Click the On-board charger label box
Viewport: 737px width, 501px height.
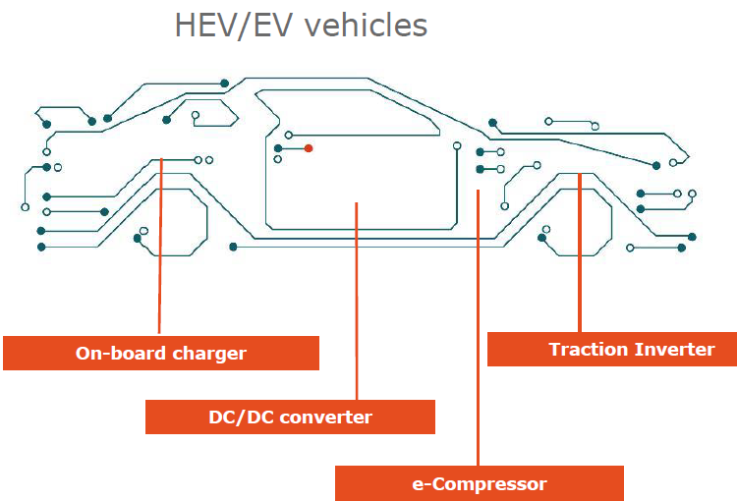pyautogui.click(x=161, y=353)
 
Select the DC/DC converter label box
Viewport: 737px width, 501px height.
pyautogui.click(x=290, y=417)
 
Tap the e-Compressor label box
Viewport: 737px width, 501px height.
pyautogui.click(x=480, y=483)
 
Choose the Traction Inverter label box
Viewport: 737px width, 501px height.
pyautogui.click(x=612, y=349)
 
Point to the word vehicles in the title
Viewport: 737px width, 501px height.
pyautogui.click(x=367, y=26)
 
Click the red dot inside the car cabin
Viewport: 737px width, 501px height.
pyautogui.click(x=309, y=148)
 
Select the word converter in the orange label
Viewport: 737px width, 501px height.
pyautogui.click(x=325, y=417)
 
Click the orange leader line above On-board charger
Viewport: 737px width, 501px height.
pyautogui.click(x=160, y=246)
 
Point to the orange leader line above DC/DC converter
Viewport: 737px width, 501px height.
pyautogui.click(x=357, y=301)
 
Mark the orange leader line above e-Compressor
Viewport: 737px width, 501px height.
pyautogui.click(x=478, y=327)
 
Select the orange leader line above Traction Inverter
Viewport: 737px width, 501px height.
pyautogui.click(x=580, y=252)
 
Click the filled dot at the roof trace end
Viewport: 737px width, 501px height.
pyautogui.click(x=225, y=83)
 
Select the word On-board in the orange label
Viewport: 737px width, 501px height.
pyautogui.click(x=120, y=354)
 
